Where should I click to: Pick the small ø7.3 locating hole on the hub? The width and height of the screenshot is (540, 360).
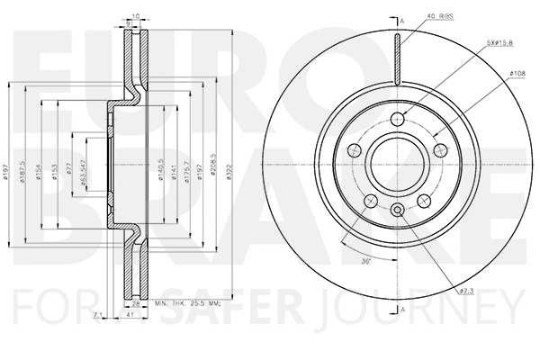[x=397, y=211]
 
